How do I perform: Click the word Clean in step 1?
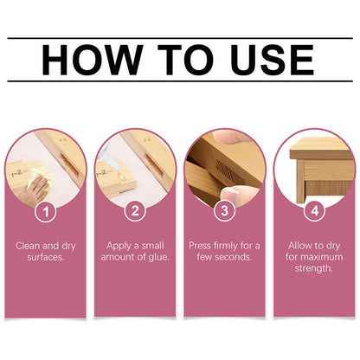pyautogui.click(x=29, y=246)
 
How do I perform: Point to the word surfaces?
pyautogui.click(x=46, y=257)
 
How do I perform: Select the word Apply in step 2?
pyautogui.click(x=119, y=246)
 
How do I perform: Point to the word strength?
pyautogui.click(x=313, y=269)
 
